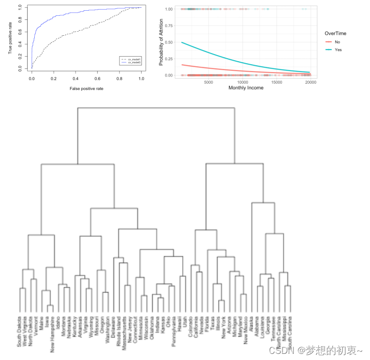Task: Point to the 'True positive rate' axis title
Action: [x=10, y=38]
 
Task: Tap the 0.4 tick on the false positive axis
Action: [x=76, y=79]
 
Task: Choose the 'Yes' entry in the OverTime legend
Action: [x=337, y=50]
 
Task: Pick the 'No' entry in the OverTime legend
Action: [x=337, y=41]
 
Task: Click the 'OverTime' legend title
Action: [x=336, y=33]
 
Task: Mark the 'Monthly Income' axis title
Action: [x=243, y=88]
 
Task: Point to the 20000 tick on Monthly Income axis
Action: [x=310, y=82]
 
